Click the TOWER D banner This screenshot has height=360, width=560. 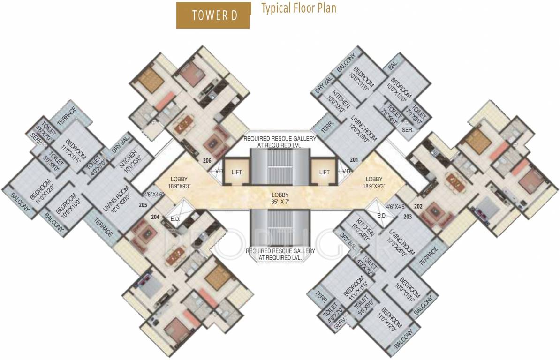(x=214, y=15)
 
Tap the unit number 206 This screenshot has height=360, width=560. (x=207, y=160)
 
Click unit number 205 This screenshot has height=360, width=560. (x=143, y=204)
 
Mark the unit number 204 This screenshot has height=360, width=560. (x=156, y=217)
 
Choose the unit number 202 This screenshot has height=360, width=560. (x=419, y=206)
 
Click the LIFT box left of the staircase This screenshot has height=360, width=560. (x=236, y=172)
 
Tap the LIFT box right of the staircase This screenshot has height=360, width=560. (x=324, y=172)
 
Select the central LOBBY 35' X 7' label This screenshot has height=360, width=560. (x=280, y=198)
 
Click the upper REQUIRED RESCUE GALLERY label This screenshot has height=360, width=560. (x=280, y=142)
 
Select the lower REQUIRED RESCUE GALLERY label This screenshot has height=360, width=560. (x=280, y=254)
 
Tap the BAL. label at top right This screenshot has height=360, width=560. (x=392, y=66)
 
